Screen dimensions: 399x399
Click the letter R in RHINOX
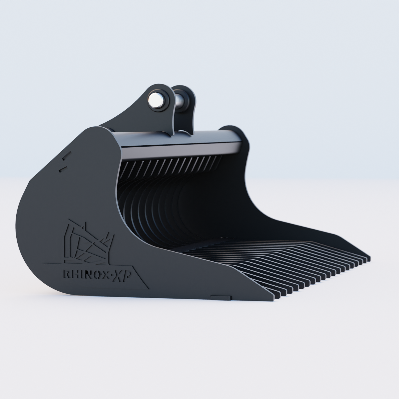click(66, 274)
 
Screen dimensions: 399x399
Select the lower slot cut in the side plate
click(61, 170)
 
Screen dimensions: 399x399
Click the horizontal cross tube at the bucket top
click(180, 141)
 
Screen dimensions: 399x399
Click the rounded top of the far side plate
click(233, 131)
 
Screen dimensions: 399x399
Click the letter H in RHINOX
click(73, 275)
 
